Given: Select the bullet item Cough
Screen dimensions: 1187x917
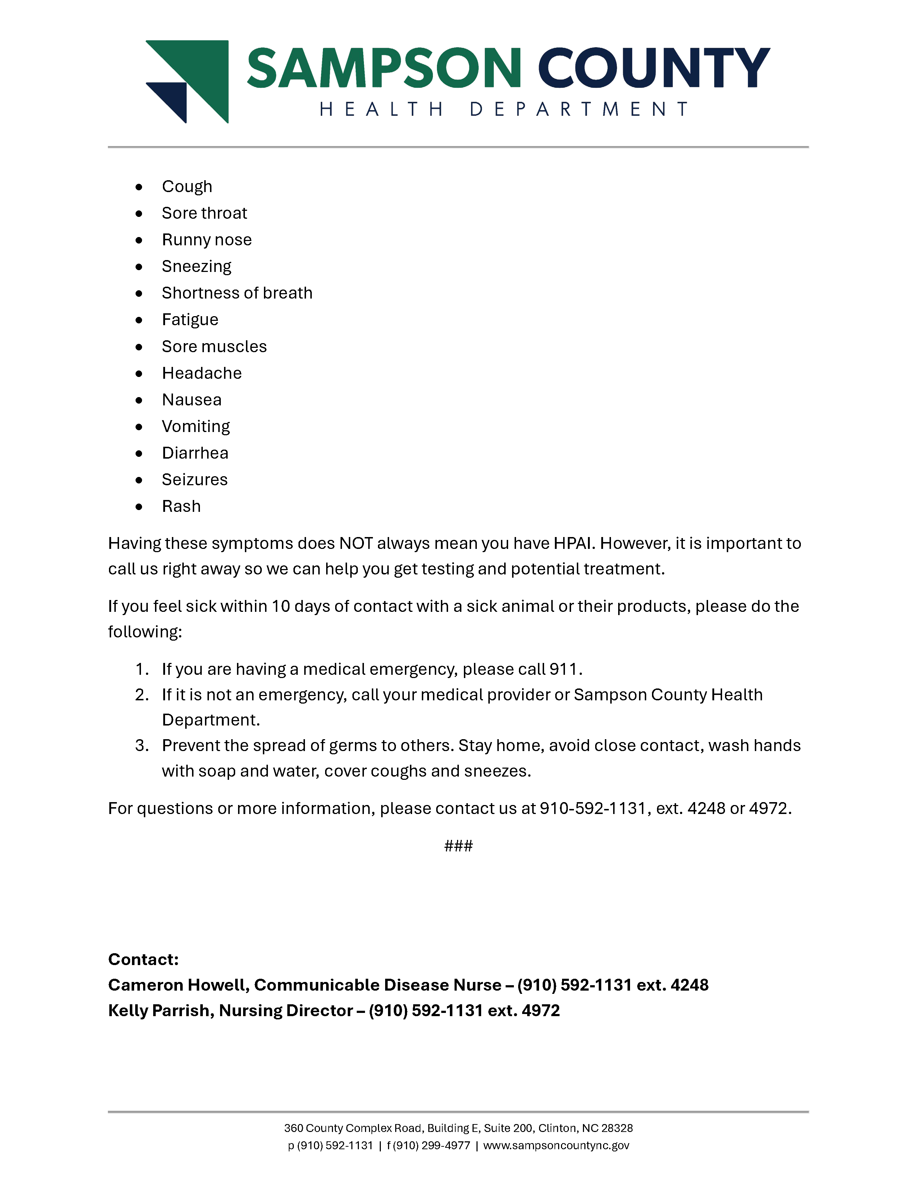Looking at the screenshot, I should click(187, 186).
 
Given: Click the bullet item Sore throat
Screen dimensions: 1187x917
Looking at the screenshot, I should click(204, 213).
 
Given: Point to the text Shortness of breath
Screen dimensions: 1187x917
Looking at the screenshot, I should click(237, 293).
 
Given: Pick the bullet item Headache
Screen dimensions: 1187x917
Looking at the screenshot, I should click(201, 373).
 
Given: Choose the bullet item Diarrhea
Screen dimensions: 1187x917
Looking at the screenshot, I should click(195, 453).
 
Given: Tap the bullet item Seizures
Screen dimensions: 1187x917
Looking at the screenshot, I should click(195, 480).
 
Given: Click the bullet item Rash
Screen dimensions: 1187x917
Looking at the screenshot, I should click(181, 506).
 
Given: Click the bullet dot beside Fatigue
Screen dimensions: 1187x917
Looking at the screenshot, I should click(139, 320).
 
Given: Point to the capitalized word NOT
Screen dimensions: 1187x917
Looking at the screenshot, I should click(356, 544).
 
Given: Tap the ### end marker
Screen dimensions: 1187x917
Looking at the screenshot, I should click(458, 846).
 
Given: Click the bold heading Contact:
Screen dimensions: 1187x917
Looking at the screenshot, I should click(143, 959).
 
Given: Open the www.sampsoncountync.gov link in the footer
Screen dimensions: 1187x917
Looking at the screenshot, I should click(556, 1146).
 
